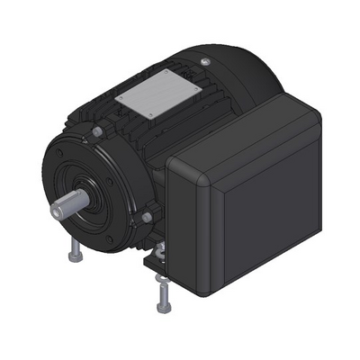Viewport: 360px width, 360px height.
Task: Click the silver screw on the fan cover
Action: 206,61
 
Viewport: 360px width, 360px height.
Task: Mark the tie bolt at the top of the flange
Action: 96,132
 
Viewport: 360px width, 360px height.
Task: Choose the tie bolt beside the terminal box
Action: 146,217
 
